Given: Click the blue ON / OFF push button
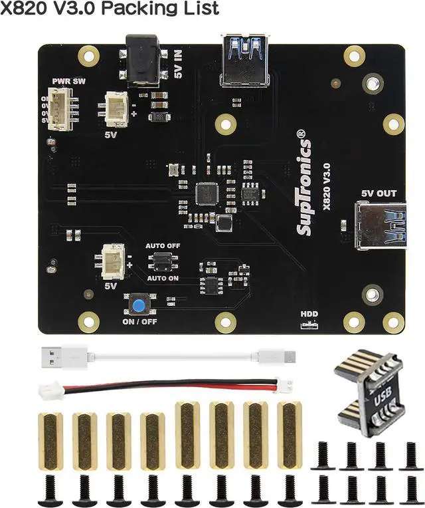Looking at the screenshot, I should pyautogui.click(x=139, y=306).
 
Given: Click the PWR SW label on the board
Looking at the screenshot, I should pyautogui.click(x=69, y=82).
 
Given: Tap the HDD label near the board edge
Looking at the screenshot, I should pyautogui.click(x=309, y=314).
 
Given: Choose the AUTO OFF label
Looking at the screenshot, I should pyautogui.click(x=163, y=246).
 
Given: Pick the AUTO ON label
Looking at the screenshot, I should pyautogui.click(x=163, y=278).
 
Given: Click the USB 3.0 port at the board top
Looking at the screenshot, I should pyautogui.click(x=246, y=62).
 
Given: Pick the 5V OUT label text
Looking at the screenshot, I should pyautogui.click(x=379, y=193).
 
